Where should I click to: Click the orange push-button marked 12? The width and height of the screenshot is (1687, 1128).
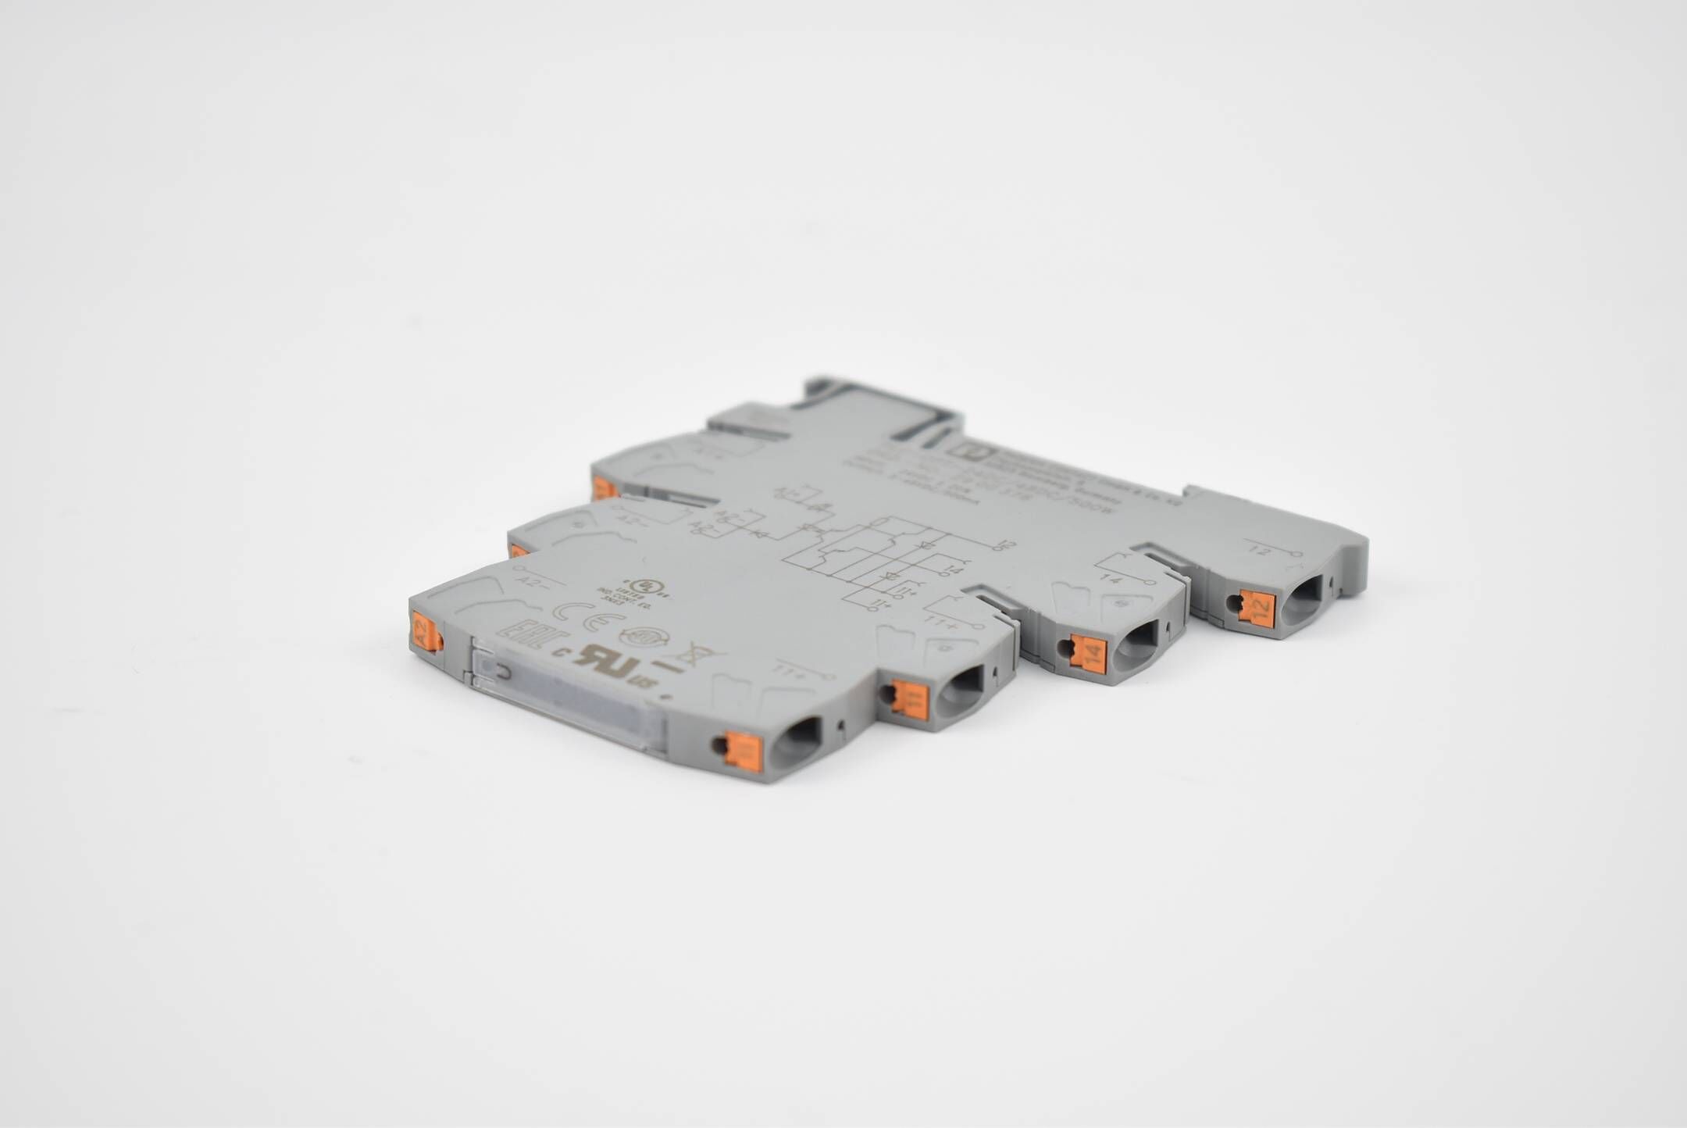[x=1257, y=609]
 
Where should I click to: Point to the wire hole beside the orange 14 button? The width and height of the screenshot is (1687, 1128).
[x=1136, y=645]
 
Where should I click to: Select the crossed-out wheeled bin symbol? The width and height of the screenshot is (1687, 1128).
[x=688, y=650]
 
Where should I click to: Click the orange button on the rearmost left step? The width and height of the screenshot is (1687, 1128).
[x=604, y=489]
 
